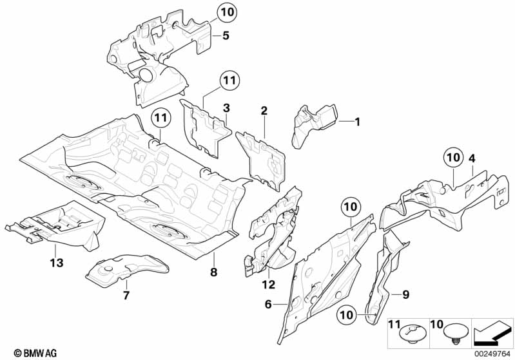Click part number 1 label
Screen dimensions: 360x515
358,120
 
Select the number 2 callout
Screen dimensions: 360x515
264,111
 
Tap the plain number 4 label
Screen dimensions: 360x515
472,157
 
